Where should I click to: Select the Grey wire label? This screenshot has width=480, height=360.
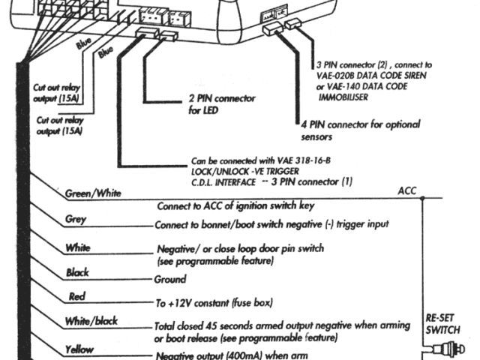76,220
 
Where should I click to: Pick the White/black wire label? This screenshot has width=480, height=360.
91,321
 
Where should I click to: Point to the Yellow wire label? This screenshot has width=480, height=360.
79,349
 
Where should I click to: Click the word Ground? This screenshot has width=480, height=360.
170,278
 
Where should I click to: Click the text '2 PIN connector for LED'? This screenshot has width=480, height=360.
221,103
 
